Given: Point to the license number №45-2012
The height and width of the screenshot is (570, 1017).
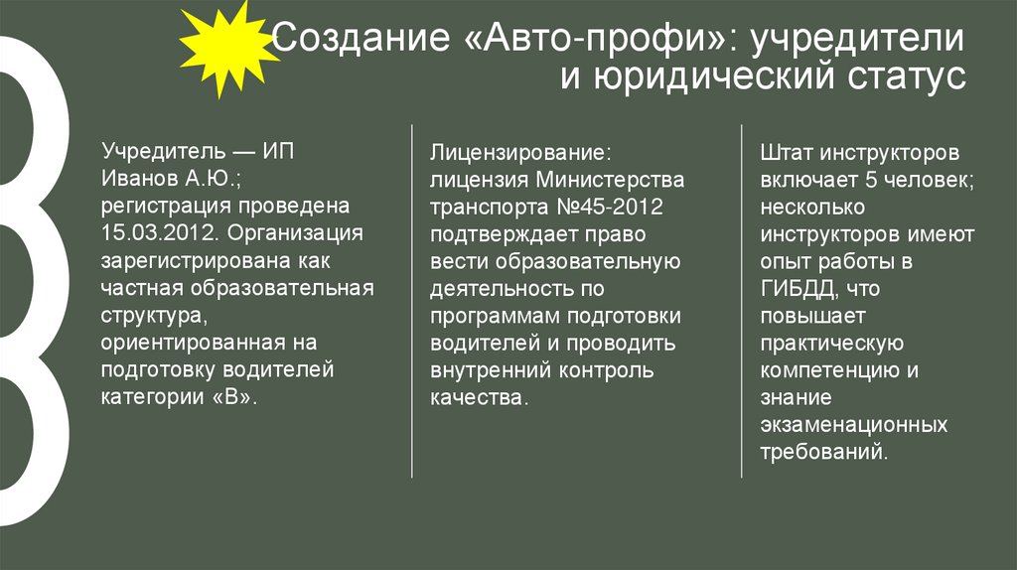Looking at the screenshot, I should point(613,208).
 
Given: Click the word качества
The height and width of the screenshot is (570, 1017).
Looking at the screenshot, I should point(476,396).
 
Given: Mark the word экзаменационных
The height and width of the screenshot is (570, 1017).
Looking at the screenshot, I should point(853,424).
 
